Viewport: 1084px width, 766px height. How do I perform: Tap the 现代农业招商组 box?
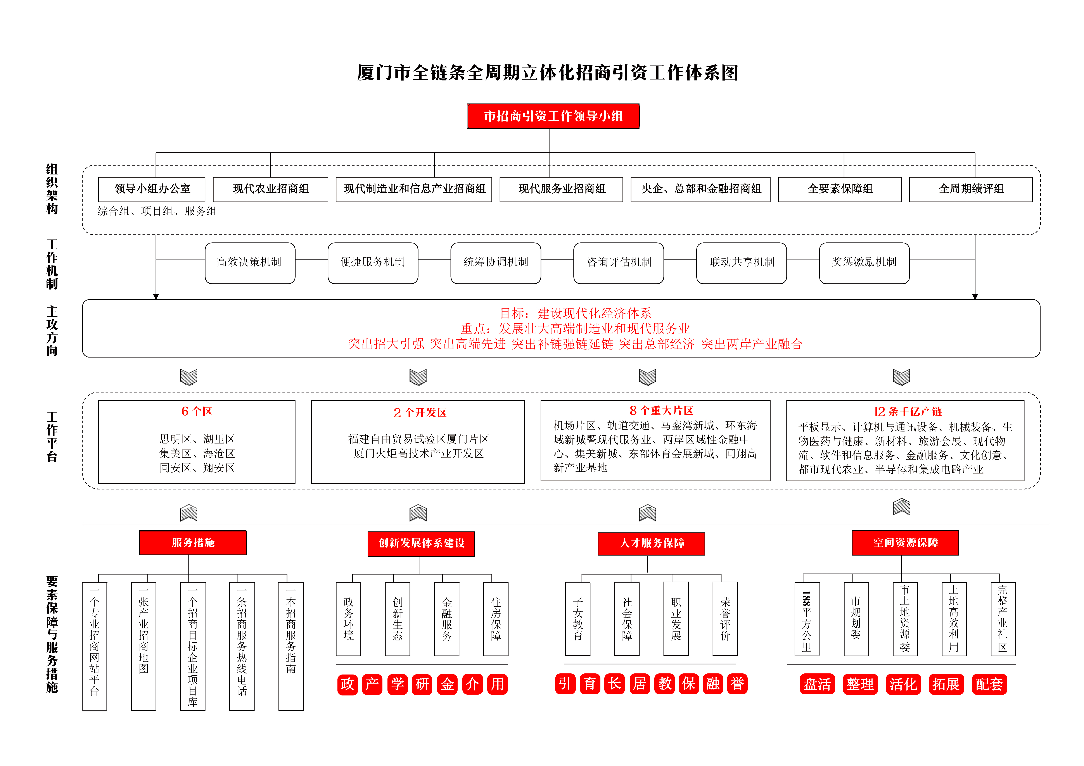click(271, 189)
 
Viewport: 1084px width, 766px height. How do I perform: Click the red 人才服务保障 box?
click(652, 544)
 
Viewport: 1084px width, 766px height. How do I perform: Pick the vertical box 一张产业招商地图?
click(143, 646)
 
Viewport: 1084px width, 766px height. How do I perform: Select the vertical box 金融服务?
click(447, 619)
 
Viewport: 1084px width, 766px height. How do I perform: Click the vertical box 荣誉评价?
click(725, 619)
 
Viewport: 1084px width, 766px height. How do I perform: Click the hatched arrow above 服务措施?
click(189, 513)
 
